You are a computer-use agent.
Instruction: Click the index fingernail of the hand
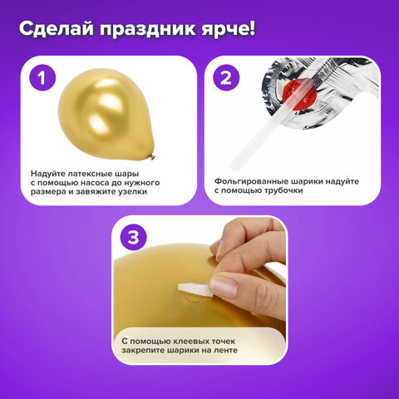point(223,288)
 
